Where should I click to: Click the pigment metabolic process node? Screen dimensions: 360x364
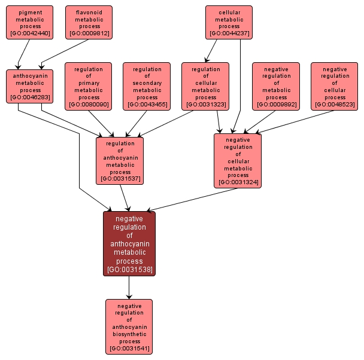click(x=30, y=22)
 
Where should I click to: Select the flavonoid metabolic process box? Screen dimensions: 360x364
click(x=89, y=22)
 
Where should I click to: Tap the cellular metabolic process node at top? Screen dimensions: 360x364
click(x=229, y=22)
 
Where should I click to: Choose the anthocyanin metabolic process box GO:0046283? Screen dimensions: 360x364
click(x=30, y=86)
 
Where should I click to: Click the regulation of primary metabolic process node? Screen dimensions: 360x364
click(x=89, y=86)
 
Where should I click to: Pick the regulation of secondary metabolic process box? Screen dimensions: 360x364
click(x=147, y=86)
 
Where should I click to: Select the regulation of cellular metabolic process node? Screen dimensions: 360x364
click(x=205, y=86)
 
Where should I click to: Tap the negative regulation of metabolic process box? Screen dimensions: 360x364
click(x=276, y=86)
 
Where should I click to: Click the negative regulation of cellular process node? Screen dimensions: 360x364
click(x=335, y=86)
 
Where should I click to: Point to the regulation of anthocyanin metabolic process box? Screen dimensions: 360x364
click(x=120, y=160)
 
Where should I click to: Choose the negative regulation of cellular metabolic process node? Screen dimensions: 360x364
click(x=238, y=160)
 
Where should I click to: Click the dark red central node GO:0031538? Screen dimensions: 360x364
click(x=129, y=243)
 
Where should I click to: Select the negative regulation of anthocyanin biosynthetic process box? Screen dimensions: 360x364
click(x=129, y=327)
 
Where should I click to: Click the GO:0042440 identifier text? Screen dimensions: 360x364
click(x=30, y=34)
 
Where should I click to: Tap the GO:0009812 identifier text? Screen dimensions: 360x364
click(x=89, y=34)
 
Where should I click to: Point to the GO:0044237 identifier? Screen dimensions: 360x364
click(x=229, y=34)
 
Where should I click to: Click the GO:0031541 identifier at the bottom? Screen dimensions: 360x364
click(x=129, y=348)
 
